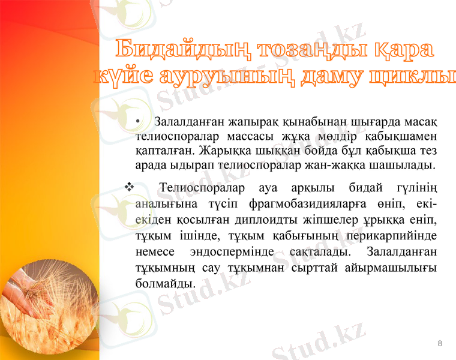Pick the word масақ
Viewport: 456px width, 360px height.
click(x=420, y=123)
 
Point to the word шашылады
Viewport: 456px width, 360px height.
click(x=403, y=164)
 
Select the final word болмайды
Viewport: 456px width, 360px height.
click(x=165, y=282)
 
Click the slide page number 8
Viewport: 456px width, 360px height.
click(x=440, y=343)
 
